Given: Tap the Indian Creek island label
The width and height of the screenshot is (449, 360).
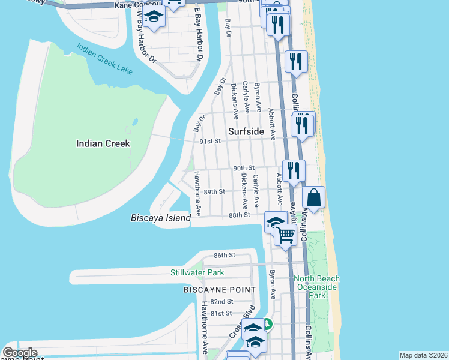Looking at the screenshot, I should point(103,143).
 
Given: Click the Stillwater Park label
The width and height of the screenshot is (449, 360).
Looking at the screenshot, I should point(196,273).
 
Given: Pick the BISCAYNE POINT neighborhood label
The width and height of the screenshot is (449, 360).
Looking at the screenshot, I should point(219,290).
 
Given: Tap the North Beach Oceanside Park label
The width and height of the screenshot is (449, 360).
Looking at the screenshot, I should point(317,287).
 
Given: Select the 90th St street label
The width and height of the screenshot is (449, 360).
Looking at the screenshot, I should point(244,167).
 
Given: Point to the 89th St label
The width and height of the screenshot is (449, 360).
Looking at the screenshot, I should point(214,191).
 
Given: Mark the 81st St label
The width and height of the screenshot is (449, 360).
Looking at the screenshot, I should point(220,313).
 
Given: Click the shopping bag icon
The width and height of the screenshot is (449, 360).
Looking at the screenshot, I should point(315,197).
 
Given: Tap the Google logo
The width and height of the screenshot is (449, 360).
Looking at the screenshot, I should point(19,353).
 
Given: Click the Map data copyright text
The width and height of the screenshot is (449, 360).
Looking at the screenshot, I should point(423,355).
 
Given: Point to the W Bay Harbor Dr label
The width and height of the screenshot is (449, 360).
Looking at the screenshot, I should point(147,45).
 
